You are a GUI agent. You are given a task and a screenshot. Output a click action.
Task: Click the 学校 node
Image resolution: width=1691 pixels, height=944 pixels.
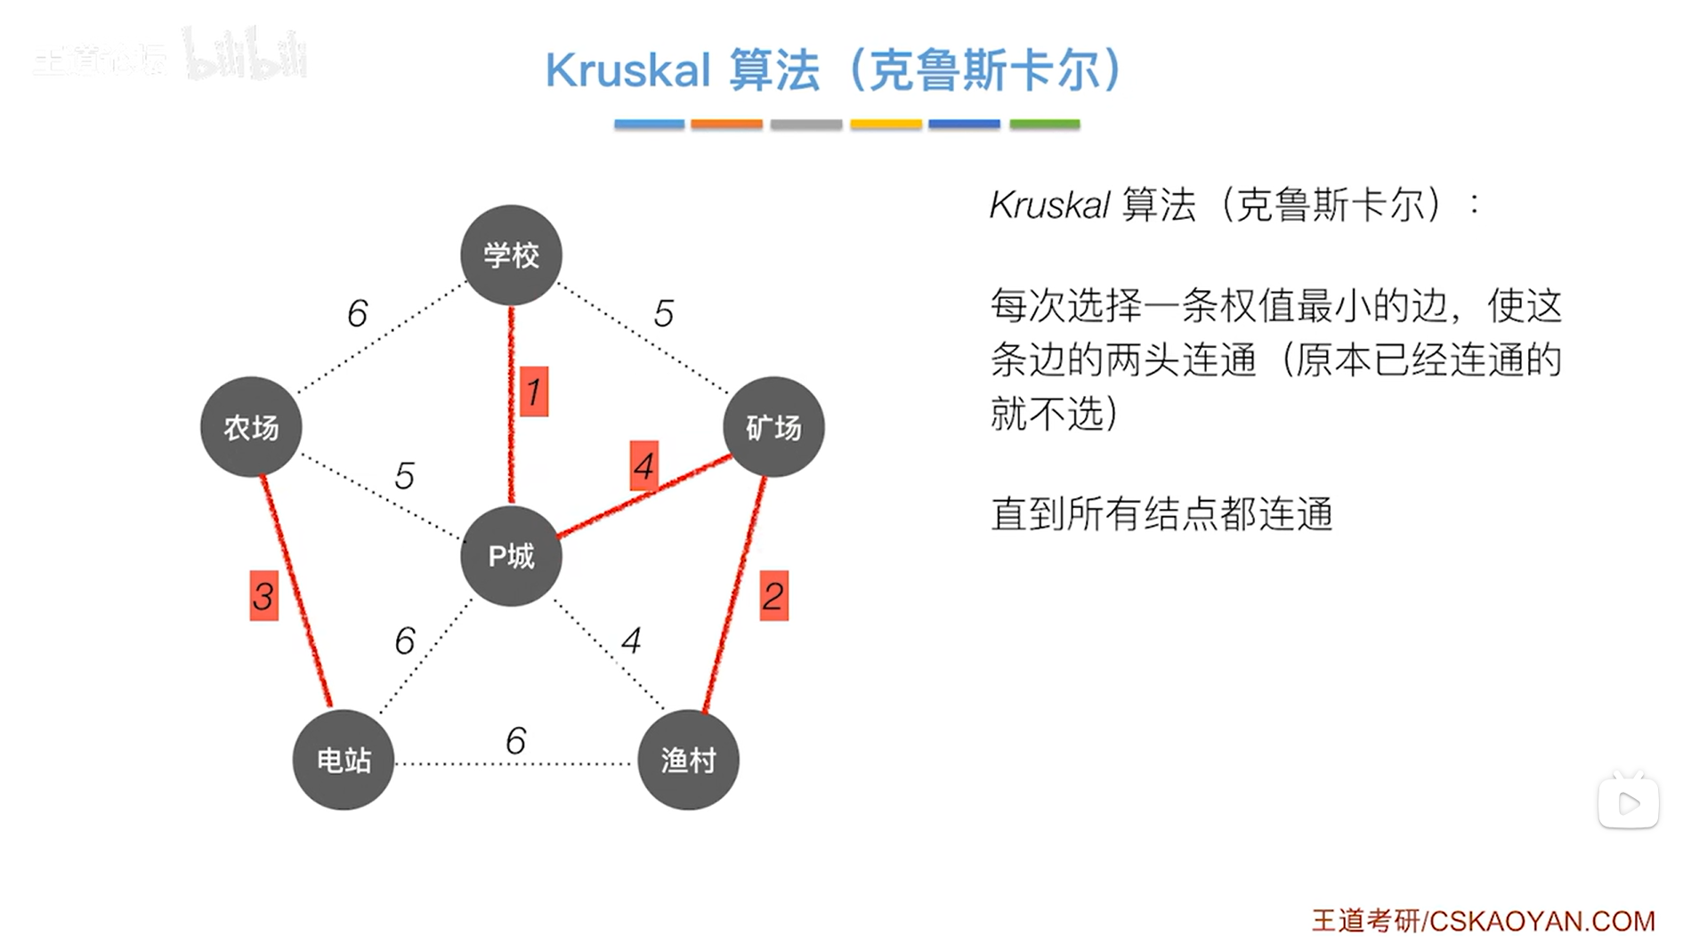click(511, 255)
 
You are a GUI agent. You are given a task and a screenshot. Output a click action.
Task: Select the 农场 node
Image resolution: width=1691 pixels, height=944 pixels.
click(251, 427)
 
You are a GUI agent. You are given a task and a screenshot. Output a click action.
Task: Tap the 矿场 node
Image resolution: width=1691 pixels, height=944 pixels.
click(773, 427)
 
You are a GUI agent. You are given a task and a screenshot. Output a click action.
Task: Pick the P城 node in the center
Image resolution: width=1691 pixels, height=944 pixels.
click(511, 556)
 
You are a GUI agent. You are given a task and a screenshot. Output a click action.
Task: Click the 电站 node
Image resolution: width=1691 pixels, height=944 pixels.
click(344, 760)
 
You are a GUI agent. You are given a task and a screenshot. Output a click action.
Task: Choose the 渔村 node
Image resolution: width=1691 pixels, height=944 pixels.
click(688, 760)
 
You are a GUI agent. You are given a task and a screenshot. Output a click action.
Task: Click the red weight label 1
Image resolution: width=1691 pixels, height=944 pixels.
click(534, 391)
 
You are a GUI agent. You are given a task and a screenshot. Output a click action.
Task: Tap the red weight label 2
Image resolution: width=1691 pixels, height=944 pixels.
click(773, 596)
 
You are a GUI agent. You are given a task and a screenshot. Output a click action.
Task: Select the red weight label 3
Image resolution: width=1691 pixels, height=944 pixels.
click(263, 596)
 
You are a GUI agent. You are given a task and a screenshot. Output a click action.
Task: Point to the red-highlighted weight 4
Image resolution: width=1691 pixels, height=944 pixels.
click(643, 465)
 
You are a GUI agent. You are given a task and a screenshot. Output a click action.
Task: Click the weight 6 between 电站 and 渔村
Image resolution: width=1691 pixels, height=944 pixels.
click(515, 740)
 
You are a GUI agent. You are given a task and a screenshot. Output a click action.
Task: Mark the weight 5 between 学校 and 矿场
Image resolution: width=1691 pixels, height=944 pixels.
click(663, 313)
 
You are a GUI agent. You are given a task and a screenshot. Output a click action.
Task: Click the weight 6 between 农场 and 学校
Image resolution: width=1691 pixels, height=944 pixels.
click(357, 313)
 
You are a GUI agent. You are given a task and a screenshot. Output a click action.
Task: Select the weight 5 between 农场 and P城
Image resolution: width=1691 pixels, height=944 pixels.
click(404, 476)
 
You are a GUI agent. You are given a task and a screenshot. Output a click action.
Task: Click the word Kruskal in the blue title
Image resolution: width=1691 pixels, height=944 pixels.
click(627, 70)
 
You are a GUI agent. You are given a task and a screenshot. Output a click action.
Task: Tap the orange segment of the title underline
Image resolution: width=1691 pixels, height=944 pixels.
click(726, 125)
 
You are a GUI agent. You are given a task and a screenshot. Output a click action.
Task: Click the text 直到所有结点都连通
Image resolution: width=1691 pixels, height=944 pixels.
click(1161, 514)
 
